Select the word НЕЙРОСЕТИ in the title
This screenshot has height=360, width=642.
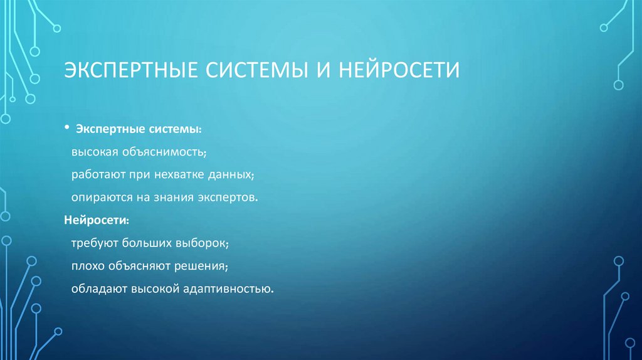[400, 69]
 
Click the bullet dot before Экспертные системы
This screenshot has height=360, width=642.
[66, 127]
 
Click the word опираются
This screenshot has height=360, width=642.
[100, 198]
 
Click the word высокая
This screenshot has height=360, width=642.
[93, 152]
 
